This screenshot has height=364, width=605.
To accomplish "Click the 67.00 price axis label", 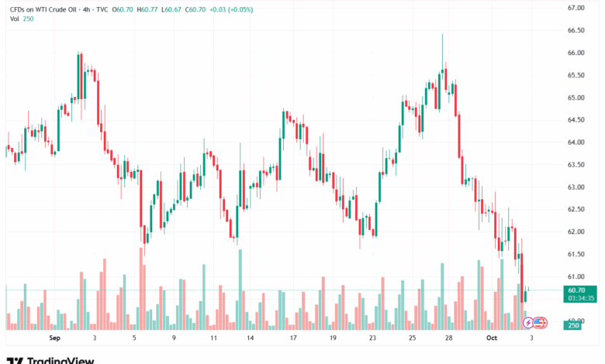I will pyautogui.click(x=575, y=8).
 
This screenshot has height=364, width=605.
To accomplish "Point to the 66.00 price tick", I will pyautogui.click(x=575, y=53).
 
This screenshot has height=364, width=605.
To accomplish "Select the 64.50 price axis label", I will pyautogui.click(x=575, y=120).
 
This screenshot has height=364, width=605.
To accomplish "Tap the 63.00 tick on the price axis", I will pyautogui.click(x=575, y=187).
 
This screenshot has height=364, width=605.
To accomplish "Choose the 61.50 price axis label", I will pyautogui.click(x=575, y=254).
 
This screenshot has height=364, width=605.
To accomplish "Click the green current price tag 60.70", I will pyautogui.click(x=575, y=289).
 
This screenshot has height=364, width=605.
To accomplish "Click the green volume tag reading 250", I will pyautogui.click(x=573, y=325).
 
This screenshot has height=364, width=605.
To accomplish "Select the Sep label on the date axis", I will pyautogui.click(x=54, y=338).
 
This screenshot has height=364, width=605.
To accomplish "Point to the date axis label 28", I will pyautogui.click(x=450, y=338).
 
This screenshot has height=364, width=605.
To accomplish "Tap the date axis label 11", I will pyautogui.click(x=213, y=338).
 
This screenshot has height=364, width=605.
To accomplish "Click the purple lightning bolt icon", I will pyautogui.click(x=529, y=321).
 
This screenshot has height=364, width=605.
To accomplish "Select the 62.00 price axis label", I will pyautogui.click(x=575, y=232).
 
